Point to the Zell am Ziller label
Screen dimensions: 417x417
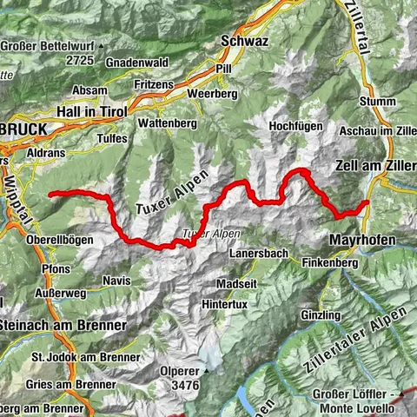click(x=374, y=163)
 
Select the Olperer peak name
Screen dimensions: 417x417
click(x=185, y=370)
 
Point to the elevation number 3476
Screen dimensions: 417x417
click(x=185, y=384)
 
